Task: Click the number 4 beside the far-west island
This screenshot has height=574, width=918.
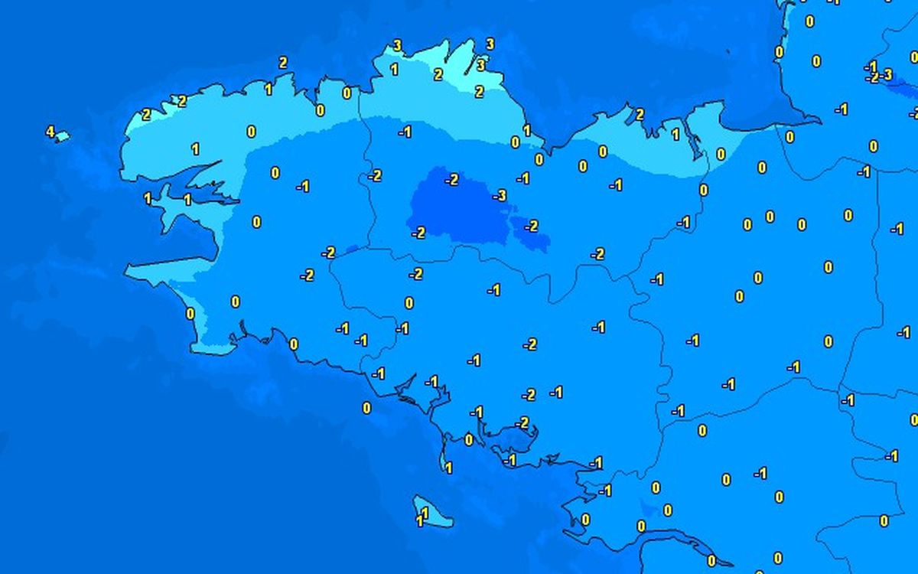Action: click(50, 132)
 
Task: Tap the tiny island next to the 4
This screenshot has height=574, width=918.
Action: click(62, 138)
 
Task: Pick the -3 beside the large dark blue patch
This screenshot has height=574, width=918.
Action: click(500, 196)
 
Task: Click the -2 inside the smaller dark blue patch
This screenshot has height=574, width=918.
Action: click(531, 226)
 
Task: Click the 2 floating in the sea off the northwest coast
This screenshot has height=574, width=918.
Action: click(283, 63)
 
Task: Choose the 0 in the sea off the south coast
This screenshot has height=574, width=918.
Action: click(366, 408)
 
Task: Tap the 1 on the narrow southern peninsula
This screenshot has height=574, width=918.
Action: click(448, 468)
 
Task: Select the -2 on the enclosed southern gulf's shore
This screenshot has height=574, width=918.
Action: click(522, 422)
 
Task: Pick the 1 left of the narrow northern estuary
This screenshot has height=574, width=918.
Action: click(675, 135)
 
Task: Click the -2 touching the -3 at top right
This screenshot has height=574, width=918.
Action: click(873, 77)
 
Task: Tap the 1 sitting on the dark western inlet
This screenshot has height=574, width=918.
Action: click(187, 200)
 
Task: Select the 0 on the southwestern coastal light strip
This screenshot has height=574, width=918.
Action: click(190, 313)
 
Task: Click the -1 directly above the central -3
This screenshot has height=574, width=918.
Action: click(523, 178)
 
